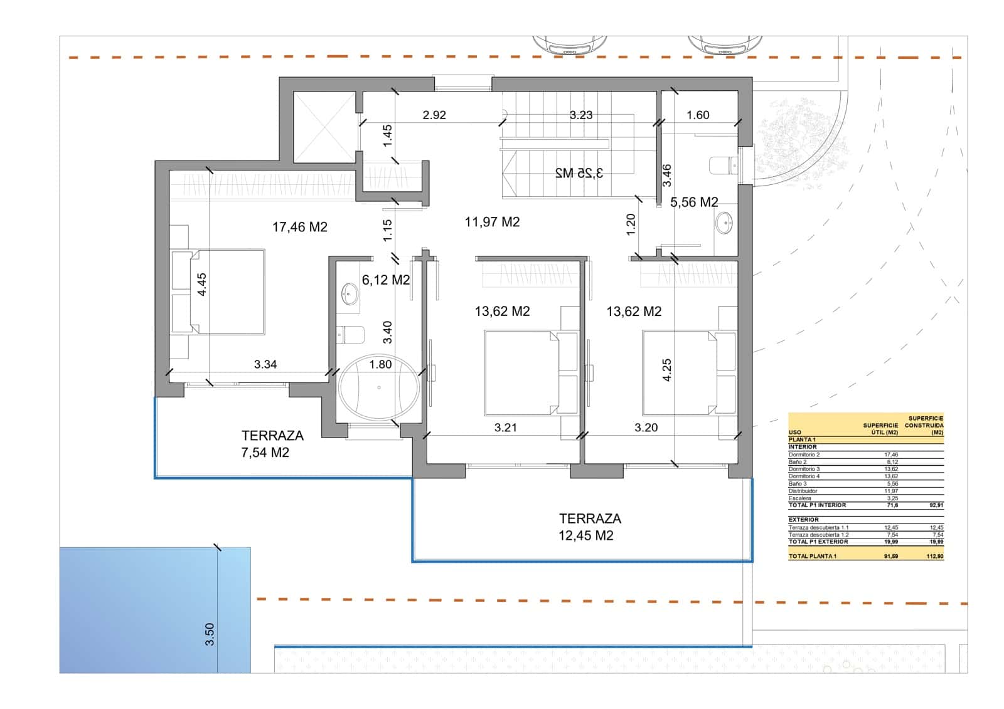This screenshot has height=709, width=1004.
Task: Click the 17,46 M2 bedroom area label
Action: (x=299, y=227)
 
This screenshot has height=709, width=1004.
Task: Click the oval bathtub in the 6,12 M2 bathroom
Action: (x=378, y=387)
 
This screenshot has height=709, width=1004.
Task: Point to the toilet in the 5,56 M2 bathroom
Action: (x=722, y=165)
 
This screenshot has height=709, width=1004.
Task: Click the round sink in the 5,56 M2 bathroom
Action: (x=724, y=223)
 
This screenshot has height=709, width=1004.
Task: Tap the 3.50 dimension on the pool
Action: (x=210, y=634)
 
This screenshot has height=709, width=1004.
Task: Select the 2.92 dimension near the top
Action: (x=434, y=115)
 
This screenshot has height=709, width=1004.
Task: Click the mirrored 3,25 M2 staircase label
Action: (x=579, y=173)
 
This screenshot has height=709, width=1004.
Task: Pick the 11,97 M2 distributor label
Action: (x=492, y=222)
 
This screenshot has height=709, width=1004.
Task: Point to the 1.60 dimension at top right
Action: (x=698, y=115)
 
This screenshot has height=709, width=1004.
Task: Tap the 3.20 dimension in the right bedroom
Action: (x=646, y=428)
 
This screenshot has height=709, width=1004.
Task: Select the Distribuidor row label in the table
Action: (x=803, y=491)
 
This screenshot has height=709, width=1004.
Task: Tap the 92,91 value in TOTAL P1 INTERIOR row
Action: (x=936, y=505)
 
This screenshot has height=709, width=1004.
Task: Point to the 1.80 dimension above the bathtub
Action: (x=380, y=364)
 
